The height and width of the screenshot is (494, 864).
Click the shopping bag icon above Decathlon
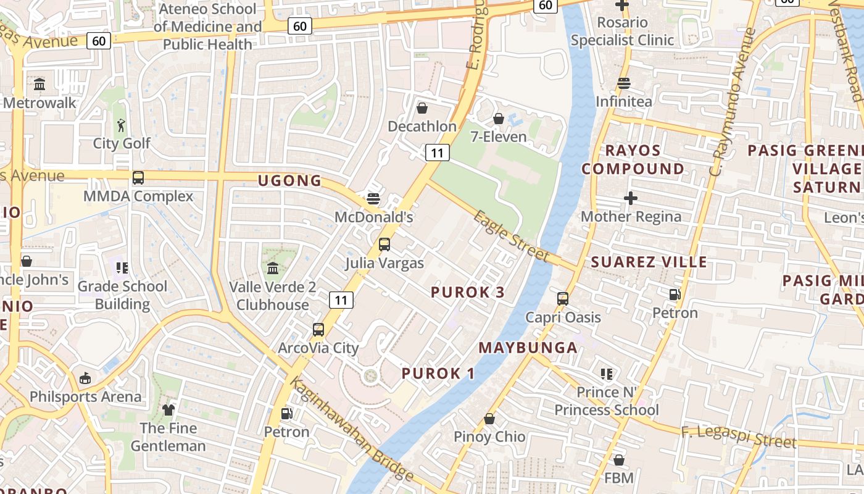coord(422,108)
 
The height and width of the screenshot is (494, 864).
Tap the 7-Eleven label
coord(499,136)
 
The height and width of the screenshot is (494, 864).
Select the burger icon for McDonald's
coord(373,199)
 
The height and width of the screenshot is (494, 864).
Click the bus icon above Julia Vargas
coord(384,245)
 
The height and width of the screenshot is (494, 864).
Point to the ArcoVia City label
coord(318,348)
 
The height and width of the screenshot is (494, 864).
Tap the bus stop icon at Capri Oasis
coord(563,299)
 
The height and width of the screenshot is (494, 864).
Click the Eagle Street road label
coord(511,236)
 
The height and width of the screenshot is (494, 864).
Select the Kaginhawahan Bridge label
coord(351,429)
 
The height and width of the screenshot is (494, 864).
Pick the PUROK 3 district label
coord(468,293)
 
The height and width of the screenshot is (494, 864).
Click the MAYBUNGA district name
coord(528,348)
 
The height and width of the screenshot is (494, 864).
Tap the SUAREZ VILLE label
coord(649,262)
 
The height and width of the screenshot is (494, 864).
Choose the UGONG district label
coord(290,180)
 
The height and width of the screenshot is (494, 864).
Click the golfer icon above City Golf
coord(121,125)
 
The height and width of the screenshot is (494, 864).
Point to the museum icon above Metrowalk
coord(40,84)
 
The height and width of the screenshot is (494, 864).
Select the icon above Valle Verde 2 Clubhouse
coord(273,269)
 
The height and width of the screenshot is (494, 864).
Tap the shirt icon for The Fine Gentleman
coord(168,409)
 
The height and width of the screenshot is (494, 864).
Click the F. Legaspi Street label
coord(739,437)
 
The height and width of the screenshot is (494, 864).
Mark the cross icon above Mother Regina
coord(630,198)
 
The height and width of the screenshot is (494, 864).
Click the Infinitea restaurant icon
coord(623,83)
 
